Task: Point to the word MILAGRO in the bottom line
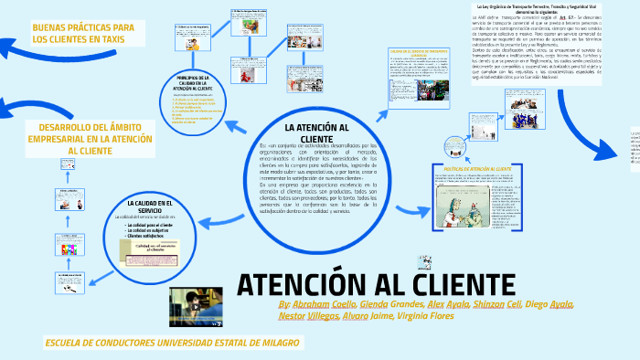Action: point(272,343)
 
